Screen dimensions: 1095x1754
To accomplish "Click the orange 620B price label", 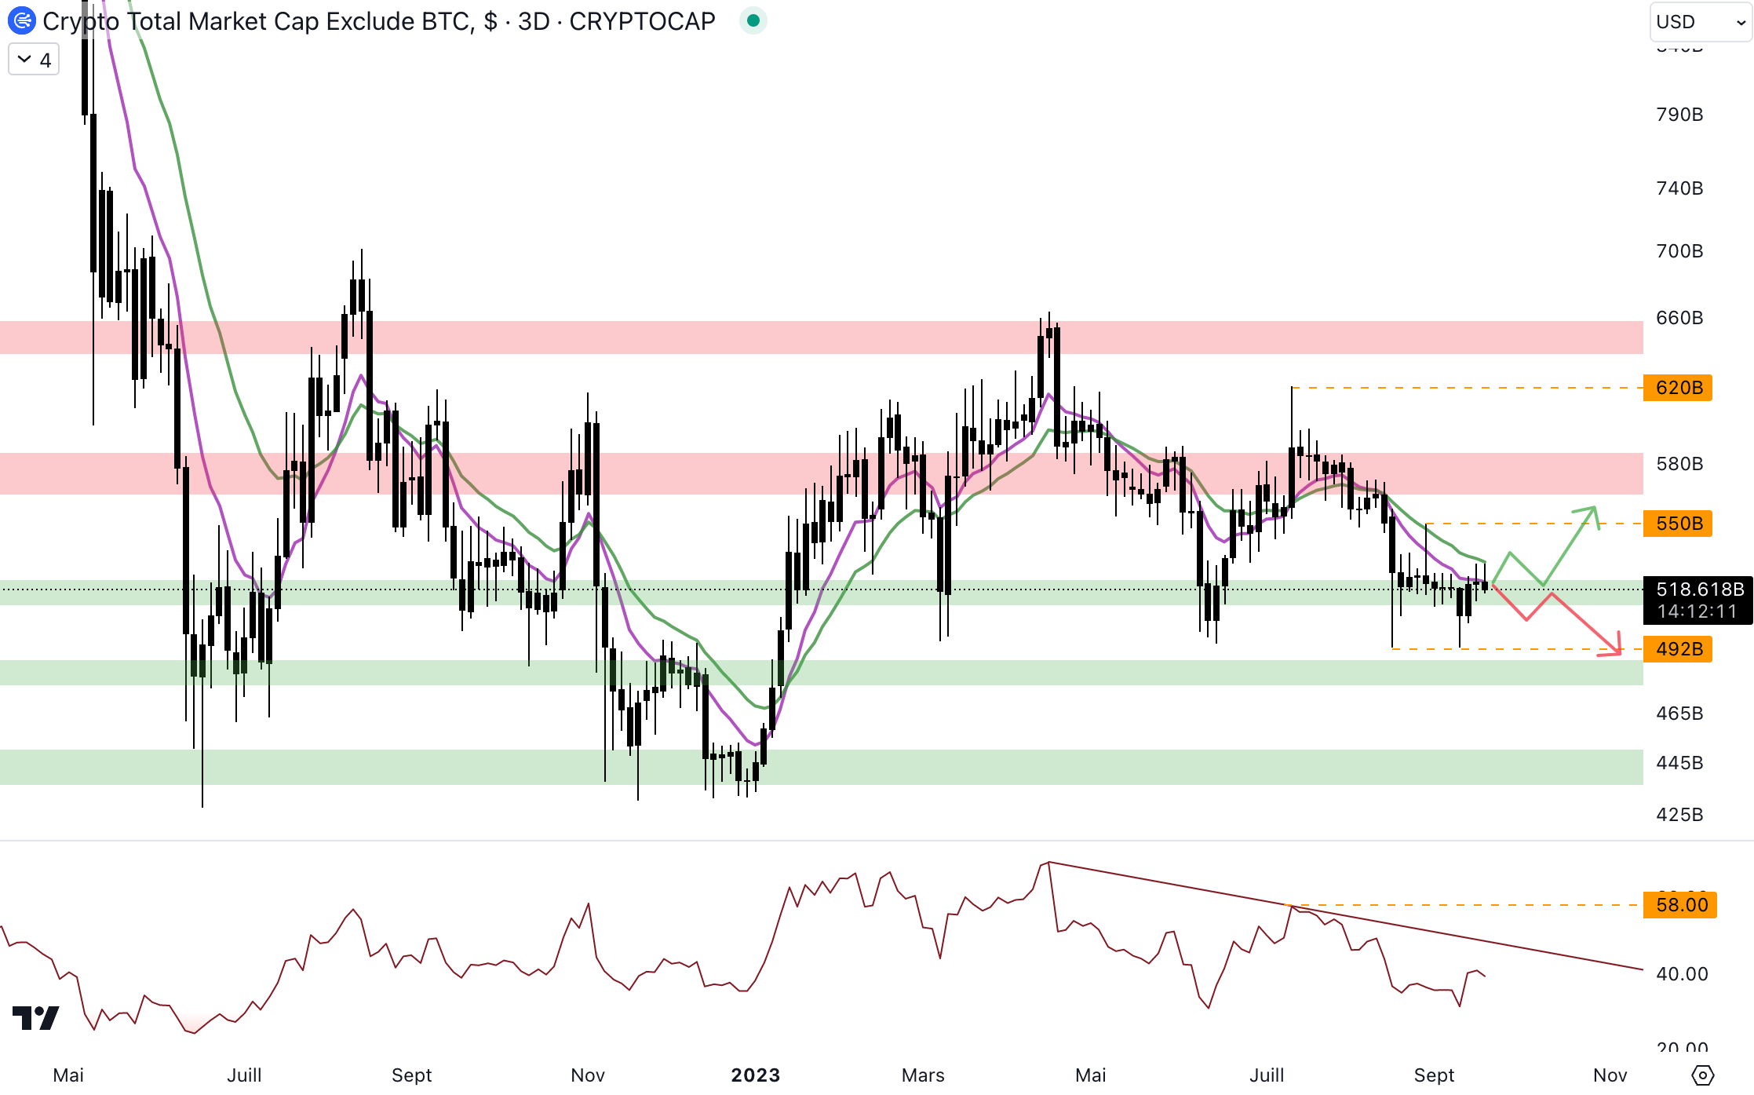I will click(x=1678, y=388).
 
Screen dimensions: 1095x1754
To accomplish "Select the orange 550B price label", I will click(x=1678, y=524).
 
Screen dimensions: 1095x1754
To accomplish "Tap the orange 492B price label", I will click(x=1678, y=649).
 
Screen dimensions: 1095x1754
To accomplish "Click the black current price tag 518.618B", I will click(x=1698, y=600).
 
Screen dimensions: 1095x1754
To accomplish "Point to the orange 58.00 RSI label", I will click(x=1680, y=905).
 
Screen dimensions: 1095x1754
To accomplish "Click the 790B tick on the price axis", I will click(x=1679, y=115).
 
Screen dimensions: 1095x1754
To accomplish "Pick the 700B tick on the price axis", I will click(x=1679, y=251).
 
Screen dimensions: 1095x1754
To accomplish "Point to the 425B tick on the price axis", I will click(x=1679, y=815).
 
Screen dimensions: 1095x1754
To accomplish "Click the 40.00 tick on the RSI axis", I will click(x=1681, y=974).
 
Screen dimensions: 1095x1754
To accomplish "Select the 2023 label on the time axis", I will click(x=755, y=1075).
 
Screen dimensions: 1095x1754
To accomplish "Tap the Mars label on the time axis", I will click(x=923, y=1075).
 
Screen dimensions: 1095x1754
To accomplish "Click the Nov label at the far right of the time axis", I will click(x=1610, y=1075).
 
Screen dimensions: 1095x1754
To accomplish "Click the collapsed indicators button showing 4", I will click(x=34, y=60).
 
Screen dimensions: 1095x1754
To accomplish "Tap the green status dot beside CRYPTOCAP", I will click(x=753, y=21).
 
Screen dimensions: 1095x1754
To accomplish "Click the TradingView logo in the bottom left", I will click(x=36, y=1018).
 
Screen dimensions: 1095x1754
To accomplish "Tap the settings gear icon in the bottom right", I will click(x=1702, y=1075).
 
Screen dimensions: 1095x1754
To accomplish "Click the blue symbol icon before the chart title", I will click(x=22, y=21).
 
